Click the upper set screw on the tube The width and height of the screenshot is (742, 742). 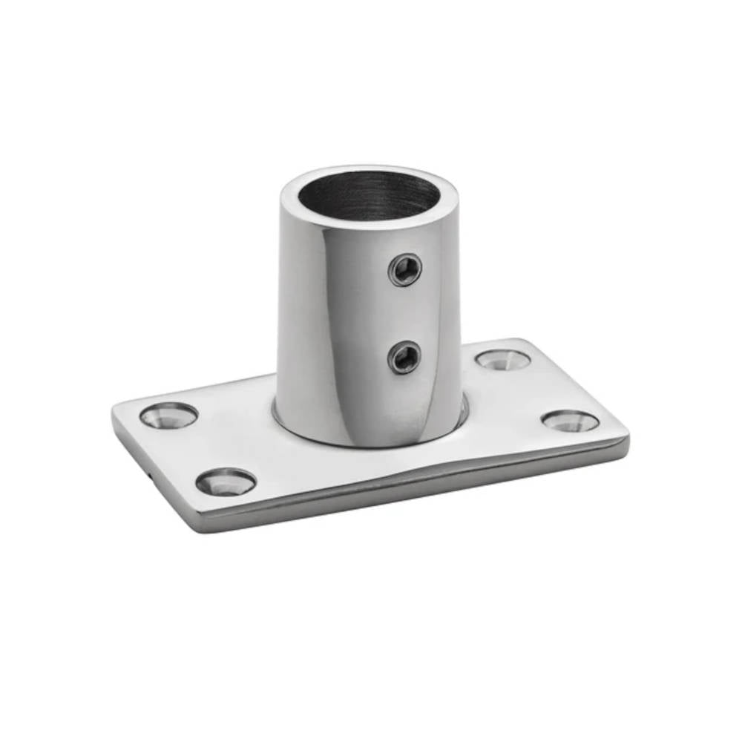coord(405,269)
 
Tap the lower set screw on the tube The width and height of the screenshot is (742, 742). coord(405,358)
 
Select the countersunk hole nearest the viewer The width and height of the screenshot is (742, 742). coord(226,482)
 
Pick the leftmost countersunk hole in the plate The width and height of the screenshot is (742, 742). coord(169,416)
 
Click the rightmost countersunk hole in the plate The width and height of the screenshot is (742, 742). coord(570,421)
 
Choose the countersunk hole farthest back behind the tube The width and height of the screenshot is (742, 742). coord(503,360)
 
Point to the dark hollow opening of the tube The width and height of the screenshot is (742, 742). coord(369,194)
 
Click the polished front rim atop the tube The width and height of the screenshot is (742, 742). coord(369,221)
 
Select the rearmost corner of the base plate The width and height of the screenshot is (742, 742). coord(519,342)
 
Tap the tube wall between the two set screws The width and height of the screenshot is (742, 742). coord(405,314)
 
